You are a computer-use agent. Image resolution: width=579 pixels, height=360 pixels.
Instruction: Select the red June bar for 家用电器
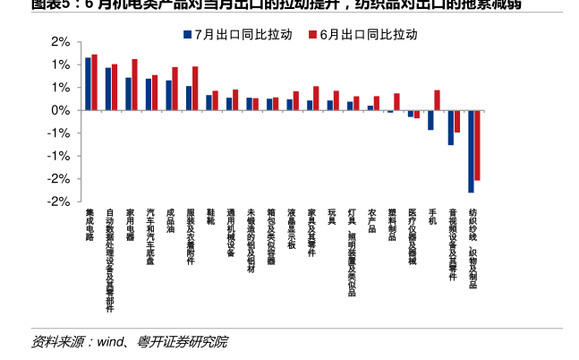tap(134, 85)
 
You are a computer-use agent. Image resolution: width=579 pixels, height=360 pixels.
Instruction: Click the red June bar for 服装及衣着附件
tap(195, 89)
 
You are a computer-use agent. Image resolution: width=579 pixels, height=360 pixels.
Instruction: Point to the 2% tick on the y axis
tap(60, 42)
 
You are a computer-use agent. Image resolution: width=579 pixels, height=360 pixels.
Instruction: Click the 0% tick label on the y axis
tap(60, 111)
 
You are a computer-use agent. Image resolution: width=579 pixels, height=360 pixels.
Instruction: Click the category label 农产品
tap(371, 219)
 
